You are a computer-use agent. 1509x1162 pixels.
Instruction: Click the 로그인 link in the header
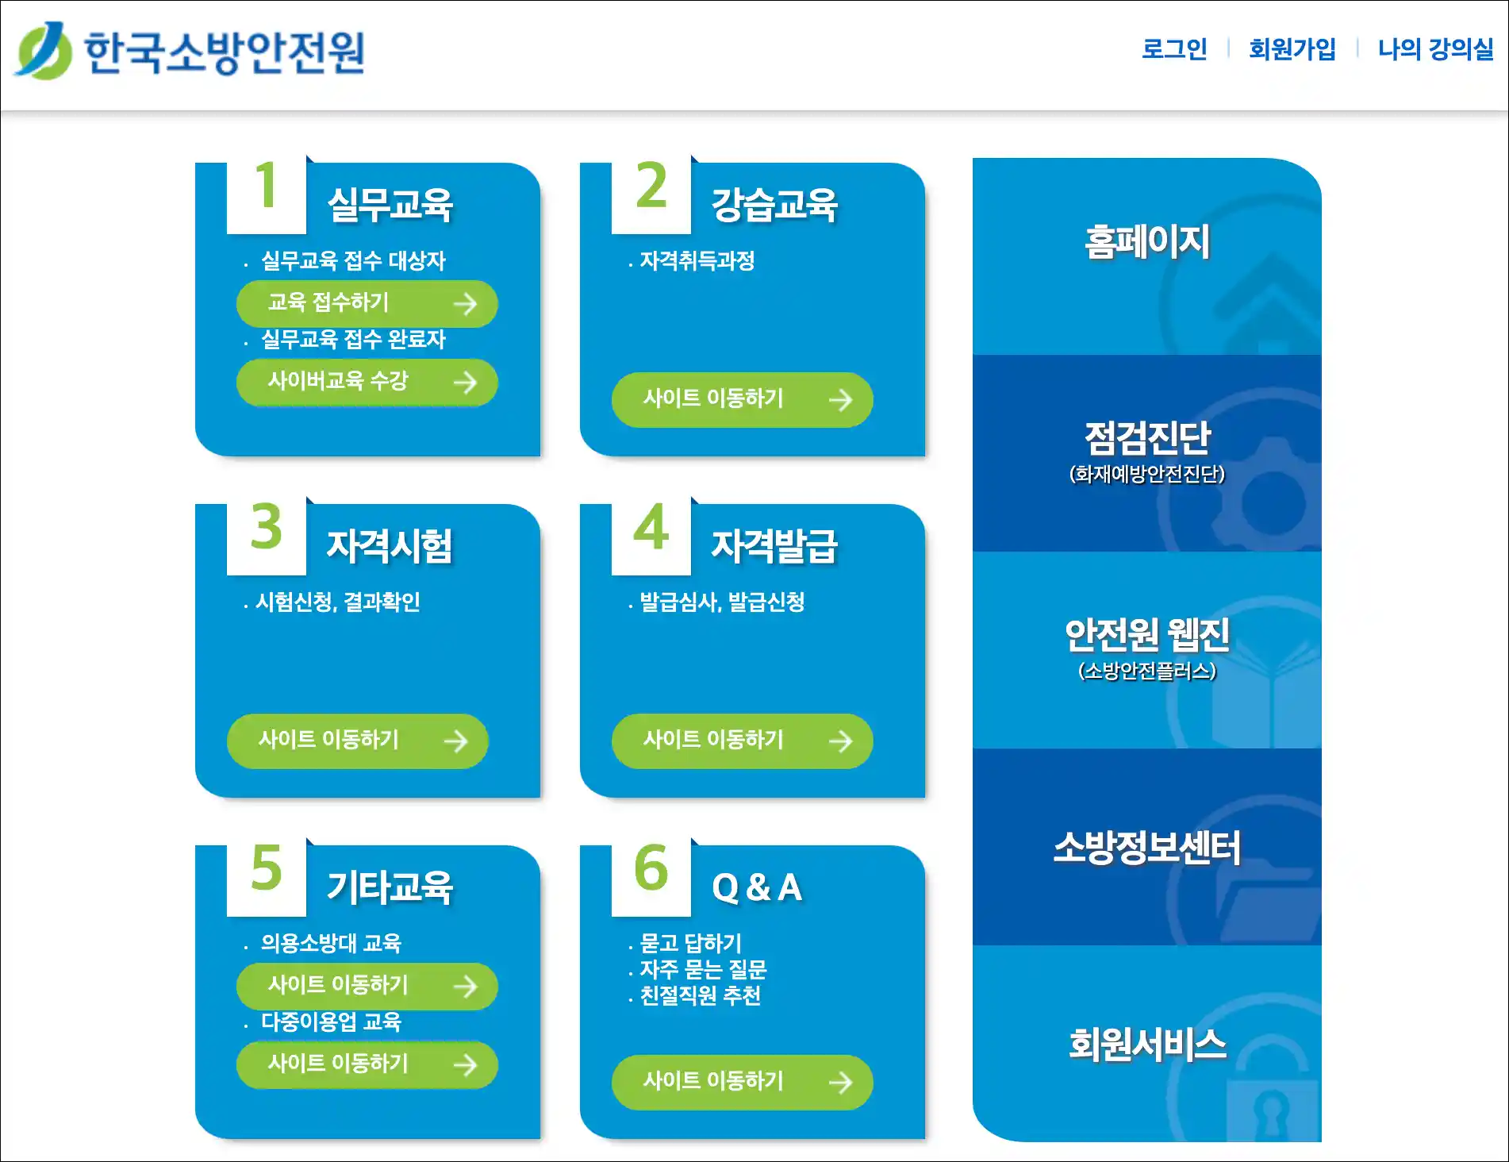click(1174, 49)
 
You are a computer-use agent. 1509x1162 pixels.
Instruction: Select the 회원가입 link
click(1292, 49)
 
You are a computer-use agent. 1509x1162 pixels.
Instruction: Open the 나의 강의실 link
click(1436, 49)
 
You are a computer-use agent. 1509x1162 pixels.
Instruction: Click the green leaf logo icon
click(44, 51)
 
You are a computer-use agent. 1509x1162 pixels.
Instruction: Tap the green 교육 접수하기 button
click(367, 303)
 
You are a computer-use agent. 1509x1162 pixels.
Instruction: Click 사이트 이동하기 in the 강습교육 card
click(743, 399)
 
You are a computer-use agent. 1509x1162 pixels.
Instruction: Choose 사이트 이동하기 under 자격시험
click(358, 741)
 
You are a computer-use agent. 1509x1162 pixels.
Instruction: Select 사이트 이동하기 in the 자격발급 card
click(743, 741)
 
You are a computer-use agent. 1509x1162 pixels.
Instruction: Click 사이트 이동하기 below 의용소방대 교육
click(367, 986)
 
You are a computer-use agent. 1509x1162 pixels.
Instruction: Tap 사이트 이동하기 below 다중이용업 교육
click(367, 1064)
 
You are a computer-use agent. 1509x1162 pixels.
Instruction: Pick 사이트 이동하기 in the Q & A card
click(743, 1082)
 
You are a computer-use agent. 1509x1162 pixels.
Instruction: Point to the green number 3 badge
click(267, 527)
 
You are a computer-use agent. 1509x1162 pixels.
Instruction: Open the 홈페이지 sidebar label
click(1147, 242)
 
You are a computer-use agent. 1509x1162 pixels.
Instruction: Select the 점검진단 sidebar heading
click(1147, 437)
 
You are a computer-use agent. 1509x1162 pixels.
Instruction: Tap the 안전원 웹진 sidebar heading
click(1147, 634)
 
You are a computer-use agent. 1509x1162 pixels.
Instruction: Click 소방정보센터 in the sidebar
click(1147, 848)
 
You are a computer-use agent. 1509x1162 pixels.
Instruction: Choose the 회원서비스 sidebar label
click(1147, 1045)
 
